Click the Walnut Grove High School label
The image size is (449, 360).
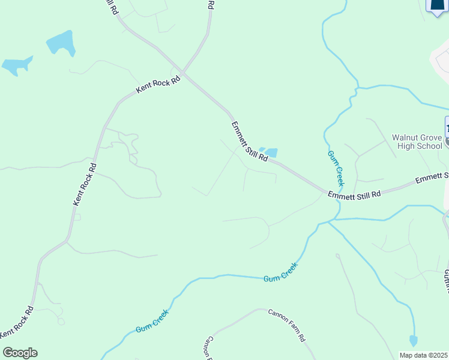click(417, 141)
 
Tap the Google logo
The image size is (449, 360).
click(20, 353)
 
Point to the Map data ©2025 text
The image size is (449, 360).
click(424, 355)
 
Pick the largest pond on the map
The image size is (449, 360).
click(61, 43)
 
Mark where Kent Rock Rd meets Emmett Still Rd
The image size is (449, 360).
click(184, 75)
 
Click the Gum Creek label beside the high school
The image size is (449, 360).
click(336, 167)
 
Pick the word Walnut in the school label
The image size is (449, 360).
click(405, 137)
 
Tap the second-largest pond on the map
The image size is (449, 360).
click(16, 65)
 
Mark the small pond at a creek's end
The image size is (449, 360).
click(413, 340)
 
